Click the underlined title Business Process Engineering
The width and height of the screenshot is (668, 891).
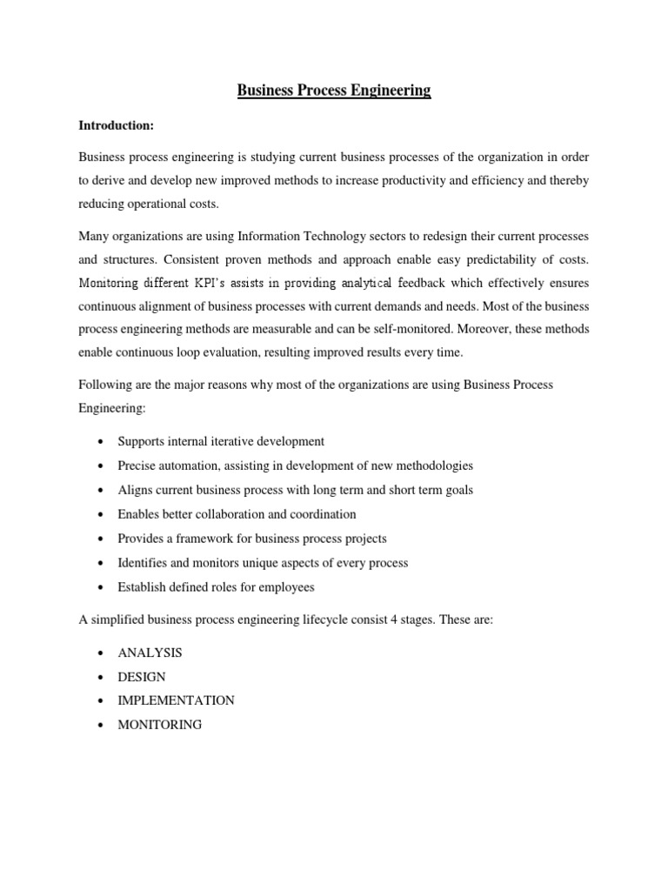pos(334,90)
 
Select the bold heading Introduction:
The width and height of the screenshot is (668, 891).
pos(116,126)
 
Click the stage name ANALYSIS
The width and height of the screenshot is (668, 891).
pos(150,652)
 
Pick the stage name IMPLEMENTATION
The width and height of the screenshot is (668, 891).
pos(176,700)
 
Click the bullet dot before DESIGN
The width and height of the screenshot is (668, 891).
pos(104,677)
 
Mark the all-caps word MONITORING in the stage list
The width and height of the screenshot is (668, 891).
pos(159,724)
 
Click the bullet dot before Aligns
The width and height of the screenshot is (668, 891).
pos(104,491)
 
